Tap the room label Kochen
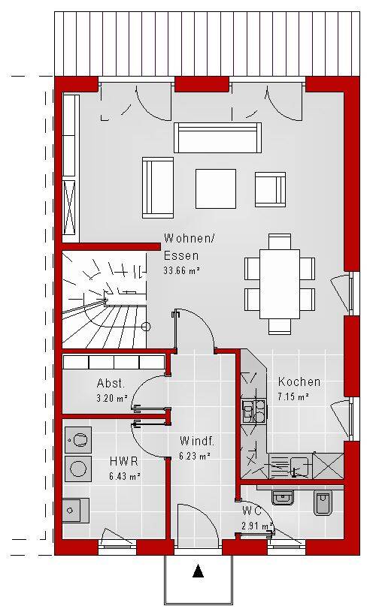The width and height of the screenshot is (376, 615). (x=299, y=381)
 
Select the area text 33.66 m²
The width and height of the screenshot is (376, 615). (x=182, y=270)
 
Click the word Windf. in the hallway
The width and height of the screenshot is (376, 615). (x=197, y=441)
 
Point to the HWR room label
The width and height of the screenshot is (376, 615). (x=124, y=461)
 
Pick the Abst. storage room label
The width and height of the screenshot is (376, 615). (x=111, y=383)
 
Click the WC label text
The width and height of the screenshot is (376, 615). (x=252, y=511)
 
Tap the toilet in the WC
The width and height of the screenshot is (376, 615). (x=323, y=502)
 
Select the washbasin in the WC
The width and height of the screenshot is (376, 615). (x=283, y=497)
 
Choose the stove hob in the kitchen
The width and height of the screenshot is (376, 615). (x=254, y=411)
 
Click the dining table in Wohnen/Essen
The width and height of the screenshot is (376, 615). (x=280, y=284)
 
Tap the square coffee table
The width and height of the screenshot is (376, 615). (x=216, y=188)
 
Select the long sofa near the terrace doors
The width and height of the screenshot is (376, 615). (x=217, y=137)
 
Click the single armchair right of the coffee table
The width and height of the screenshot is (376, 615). (x=270, y=189)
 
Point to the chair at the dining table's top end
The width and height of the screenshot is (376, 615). (x=280, y=241)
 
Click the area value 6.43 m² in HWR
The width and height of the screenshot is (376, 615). (x=125, y=477)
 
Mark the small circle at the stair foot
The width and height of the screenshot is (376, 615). (x=146, y=327)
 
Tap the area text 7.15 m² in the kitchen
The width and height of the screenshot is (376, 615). (x=293, y=396)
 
